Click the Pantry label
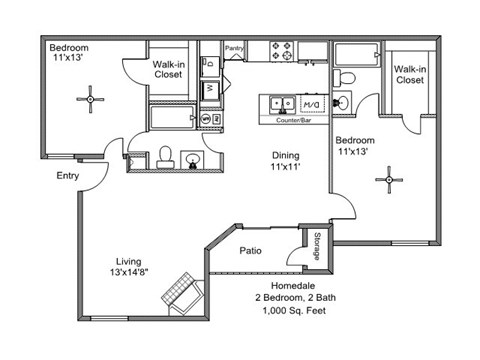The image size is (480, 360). coord(235,47)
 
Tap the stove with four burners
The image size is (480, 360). coord(282,50)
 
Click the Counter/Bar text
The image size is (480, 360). coord(295,119)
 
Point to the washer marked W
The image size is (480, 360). coord(211,89)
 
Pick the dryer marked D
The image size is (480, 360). coord(211,63)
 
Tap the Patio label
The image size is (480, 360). coord(251,250)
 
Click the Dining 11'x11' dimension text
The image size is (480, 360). coord(287,162)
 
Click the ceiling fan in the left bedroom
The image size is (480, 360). coord(91,98)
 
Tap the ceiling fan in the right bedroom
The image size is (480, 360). coord(387,180)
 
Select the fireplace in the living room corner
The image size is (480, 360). coord(185,296)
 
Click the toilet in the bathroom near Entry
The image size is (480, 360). coord(168,156)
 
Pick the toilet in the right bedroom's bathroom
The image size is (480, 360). coord(340,77)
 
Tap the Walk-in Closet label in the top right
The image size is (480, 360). coord(410,74)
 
